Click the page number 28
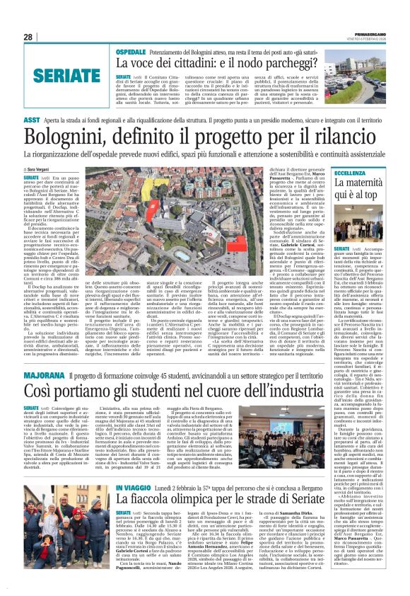[x=29, y=36]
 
